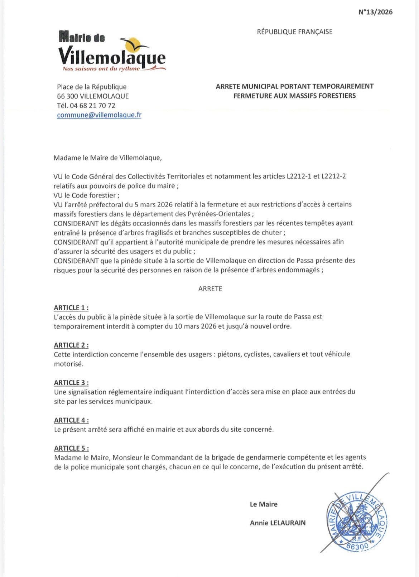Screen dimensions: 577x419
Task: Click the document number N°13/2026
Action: tap(375, 12)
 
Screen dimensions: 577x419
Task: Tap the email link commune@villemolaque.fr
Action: tap(99, 115)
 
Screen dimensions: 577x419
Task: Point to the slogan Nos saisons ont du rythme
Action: tap(101, 69)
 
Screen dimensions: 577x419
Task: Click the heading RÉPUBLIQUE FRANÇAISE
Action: tap(294, 32)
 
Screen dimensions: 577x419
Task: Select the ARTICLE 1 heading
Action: tap(71, 308)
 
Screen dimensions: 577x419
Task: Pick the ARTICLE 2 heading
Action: tap(71, 345)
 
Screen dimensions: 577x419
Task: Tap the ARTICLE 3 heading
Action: tap(71, 383)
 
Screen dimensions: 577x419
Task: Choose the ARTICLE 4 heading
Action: tap(71, 420)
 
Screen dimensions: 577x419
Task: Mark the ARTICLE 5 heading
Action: tap(71, 448)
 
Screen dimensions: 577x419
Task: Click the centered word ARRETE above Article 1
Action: tap(210, 289)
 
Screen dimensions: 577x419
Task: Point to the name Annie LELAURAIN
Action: tap(278, 523)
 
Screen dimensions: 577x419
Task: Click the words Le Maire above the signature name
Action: tap(264, 504)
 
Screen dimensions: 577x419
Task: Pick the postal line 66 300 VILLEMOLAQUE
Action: tap(93, 96)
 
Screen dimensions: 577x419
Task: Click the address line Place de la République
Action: tap(92, 87)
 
